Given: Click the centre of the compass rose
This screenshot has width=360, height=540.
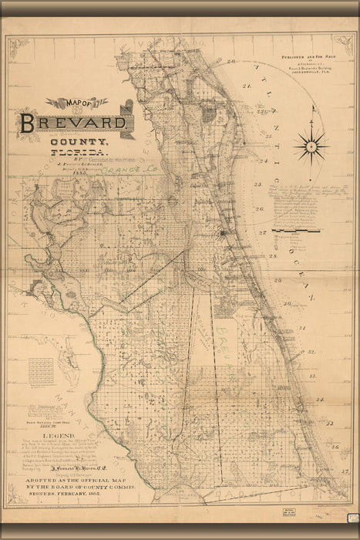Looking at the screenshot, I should (311, 145).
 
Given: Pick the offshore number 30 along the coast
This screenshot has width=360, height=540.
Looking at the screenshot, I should (288, 303).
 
